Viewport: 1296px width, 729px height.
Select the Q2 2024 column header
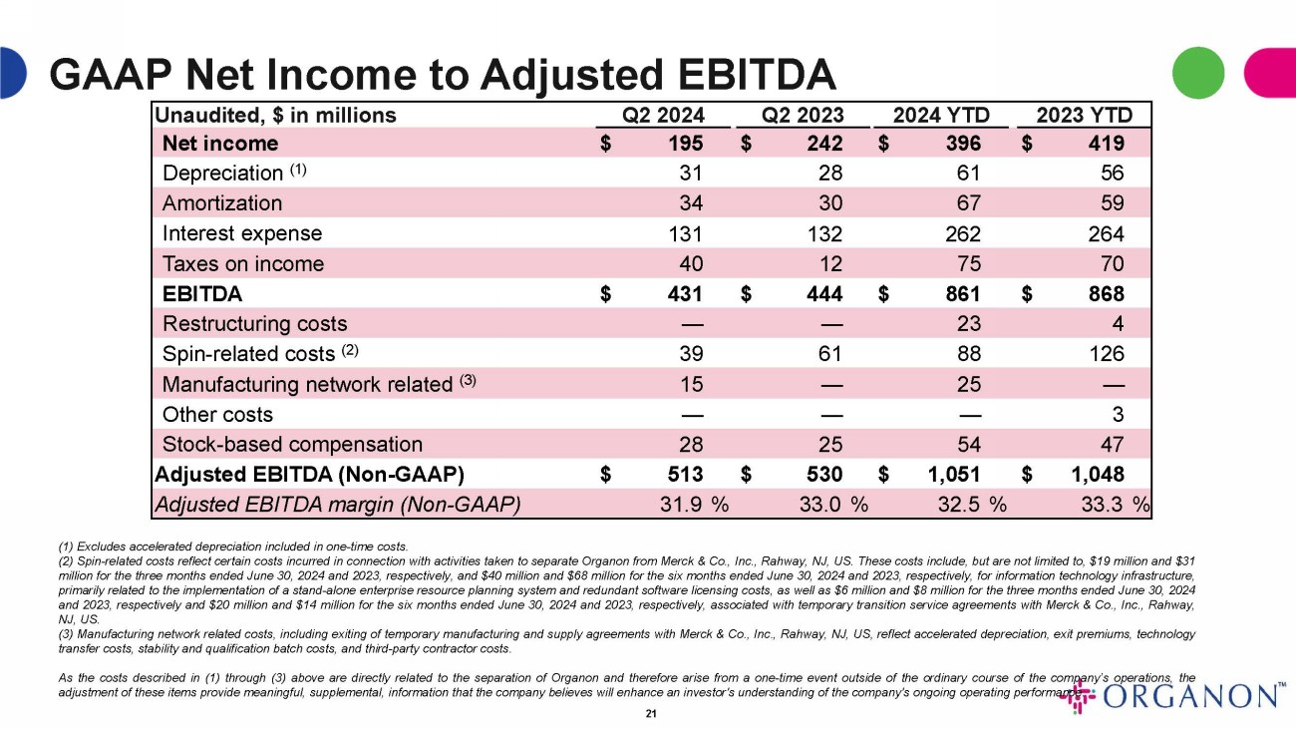[663, 115]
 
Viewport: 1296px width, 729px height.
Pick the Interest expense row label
[242, 233]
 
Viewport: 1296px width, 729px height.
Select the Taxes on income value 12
[829, 264]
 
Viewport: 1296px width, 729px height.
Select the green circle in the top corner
[1197, 73]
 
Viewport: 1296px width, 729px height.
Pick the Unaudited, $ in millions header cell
[275, 115]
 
